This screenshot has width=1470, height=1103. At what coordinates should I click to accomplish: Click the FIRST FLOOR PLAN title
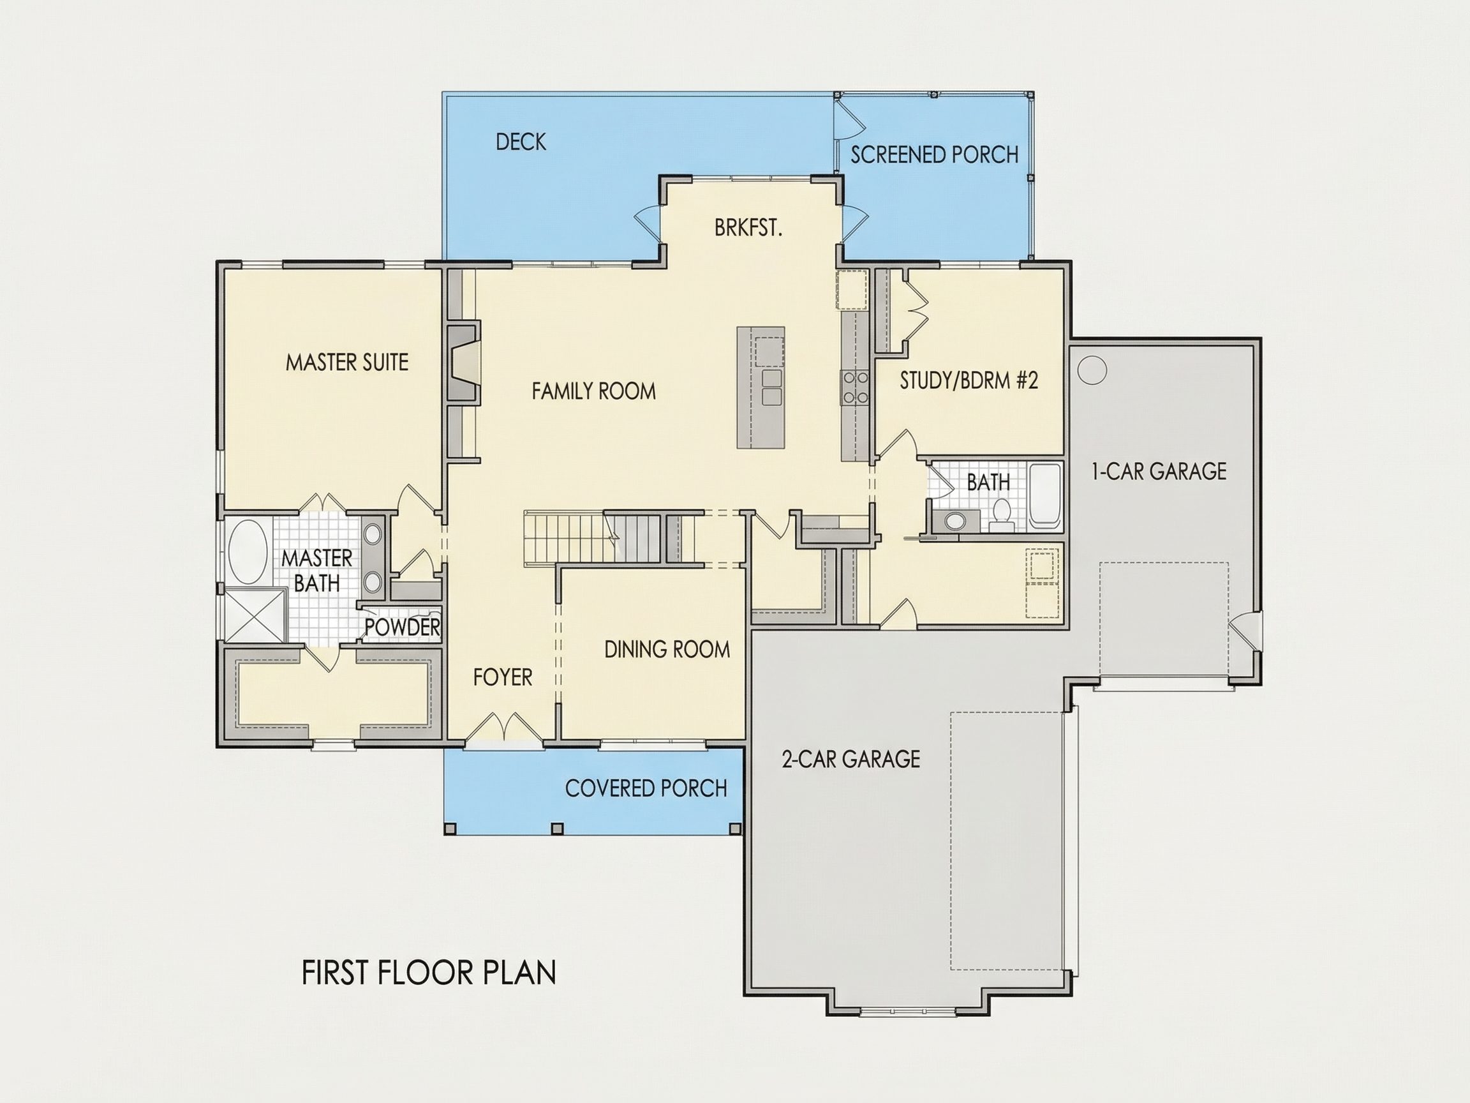tap(429, 973)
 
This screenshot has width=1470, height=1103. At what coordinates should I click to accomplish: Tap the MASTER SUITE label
tap(347, 363)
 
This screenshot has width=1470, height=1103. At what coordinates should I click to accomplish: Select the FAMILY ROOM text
tap(593, 391)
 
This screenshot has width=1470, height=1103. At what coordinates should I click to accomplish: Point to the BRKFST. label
tap(748, 228)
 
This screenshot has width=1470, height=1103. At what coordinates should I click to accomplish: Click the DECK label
tap(521, 142)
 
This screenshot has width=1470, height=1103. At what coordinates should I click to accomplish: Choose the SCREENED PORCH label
tap(934, 155)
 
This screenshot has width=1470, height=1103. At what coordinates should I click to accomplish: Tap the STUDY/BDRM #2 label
tap(969, 381)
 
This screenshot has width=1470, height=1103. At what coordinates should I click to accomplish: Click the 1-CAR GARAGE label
tap(1159, 471)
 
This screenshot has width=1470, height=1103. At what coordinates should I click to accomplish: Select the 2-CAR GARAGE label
tap(850, 759)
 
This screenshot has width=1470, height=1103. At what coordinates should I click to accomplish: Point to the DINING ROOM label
tap(667, 650)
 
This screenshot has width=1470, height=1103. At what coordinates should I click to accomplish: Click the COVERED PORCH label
tap(646, 788)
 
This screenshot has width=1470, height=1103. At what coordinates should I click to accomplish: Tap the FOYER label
tap(502, 677)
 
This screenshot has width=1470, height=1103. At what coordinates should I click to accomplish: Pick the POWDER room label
tap(402, 627)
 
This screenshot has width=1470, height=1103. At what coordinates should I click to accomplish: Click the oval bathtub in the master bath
tap(247, 552)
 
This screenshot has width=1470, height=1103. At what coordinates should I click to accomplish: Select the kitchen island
tap(761, 387)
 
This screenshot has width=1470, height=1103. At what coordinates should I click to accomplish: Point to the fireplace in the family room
tap(463, 363)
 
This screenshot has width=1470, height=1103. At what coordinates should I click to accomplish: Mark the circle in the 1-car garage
tap(1092, 370)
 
